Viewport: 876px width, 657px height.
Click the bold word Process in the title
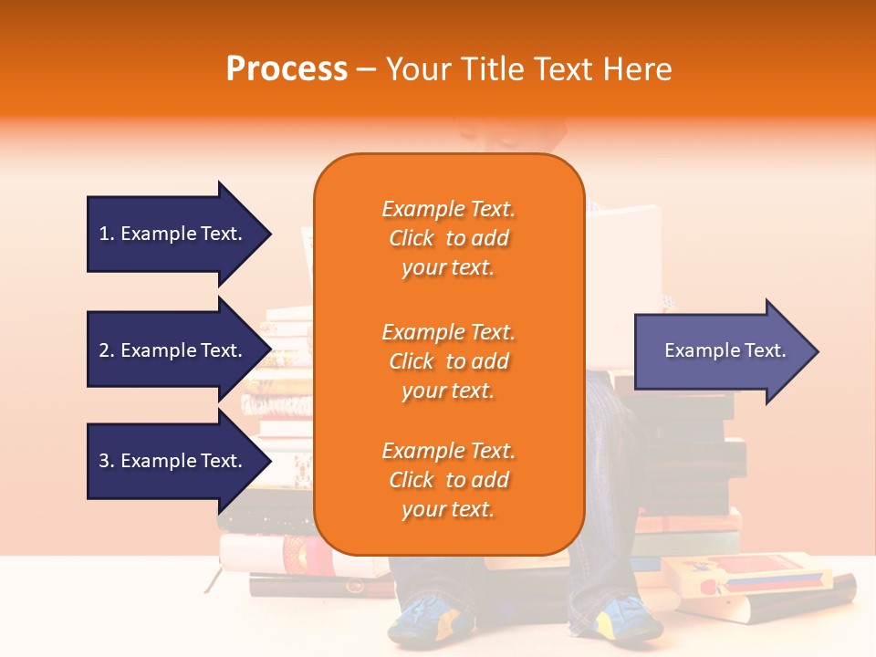click(287, 68)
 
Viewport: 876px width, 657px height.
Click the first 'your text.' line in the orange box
click(448, 268)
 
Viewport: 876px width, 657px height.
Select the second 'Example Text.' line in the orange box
click(448, 331)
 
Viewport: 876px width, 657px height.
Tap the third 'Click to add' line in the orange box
click(448, 480)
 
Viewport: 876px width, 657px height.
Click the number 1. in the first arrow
click(107, 234)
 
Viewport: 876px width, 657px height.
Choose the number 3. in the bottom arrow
click(107, 461)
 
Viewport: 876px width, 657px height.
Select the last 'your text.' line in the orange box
click(448, 510)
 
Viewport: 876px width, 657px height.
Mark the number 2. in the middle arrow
click(107, 350)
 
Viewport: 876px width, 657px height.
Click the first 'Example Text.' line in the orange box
click(448, 209)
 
